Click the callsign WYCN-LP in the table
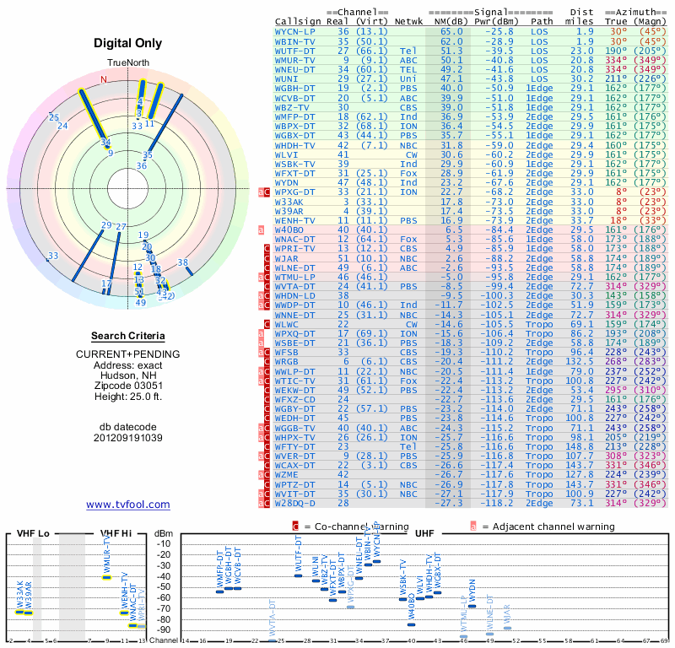coord(295,31)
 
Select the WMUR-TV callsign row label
coord(295,60)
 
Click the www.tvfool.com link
coord(128,505)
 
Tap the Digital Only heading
coord(128,43)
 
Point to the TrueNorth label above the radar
coord(127,64)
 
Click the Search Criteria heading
coord(128,336)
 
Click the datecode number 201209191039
coord(128,438)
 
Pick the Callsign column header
coord(297,21)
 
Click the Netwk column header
coord(409,21)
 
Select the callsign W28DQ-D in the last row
coord(295,504)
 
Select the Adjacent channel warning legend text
coord(548,526)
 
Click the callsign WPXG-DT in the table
coord(295,192)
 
